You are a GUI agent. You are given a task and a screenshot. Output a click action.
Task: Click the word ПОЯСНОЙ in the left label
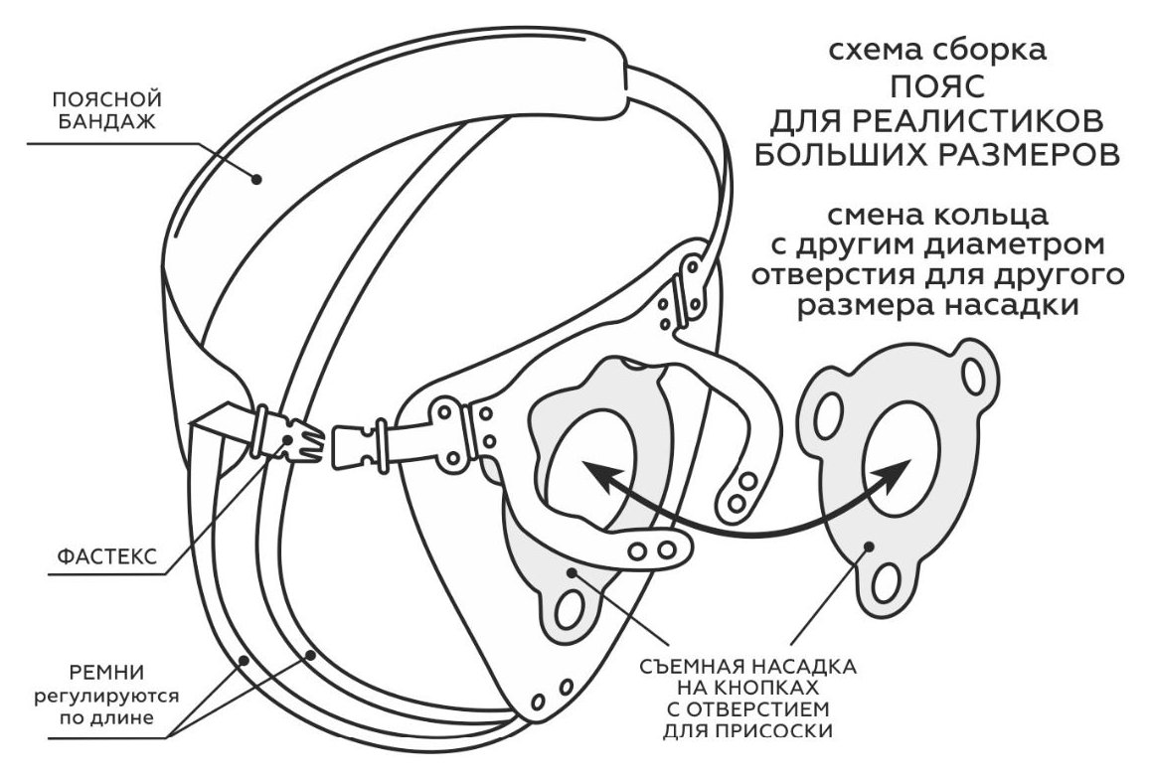click(107, 99)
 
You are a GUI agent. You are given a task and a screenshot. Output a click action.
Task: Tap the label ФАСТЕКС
click(107, 556)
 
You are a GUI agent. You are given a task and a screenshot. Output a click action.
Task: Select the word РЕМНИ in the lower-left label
click(106, 673)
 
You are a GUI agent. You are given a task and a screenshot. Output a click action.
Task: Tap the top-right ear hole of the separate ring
click(974, 377)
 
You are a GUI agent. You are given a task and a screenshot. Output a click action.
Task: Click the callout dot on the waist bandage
click(256, 178)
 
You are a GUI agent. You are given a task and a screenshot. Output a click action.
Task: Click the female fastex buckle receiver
click(361, 444)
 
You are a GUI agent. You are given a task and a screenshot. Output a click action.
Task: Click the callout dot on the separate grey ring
click(870, 546)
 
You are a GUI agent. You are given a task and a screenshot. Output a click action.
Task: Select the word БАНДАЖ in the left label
click(107, 121)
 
